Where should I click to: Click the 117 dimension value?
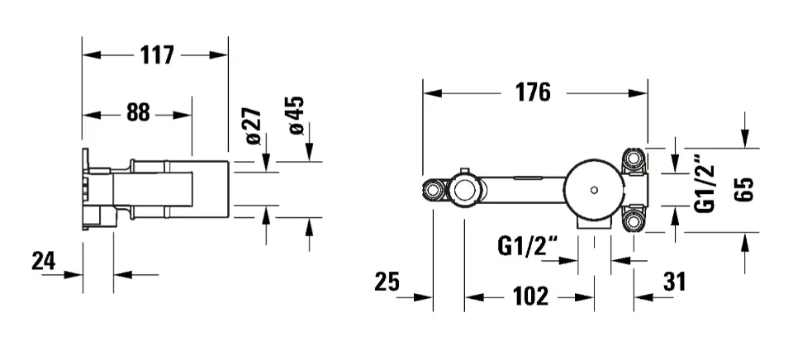157,54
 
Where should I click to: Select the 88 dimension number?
138,112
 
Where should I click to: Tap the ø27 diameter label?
254,126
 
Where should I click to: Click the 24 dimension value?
44,261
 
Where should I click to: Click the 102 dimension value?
530,296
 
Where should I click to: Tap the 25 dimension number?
387,282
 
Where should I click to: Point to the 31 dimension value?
675,282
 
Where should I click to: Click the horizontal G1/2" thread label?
528,247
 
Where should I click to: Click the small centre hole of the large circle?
594,191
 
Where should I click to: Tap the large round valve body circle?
594,161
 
